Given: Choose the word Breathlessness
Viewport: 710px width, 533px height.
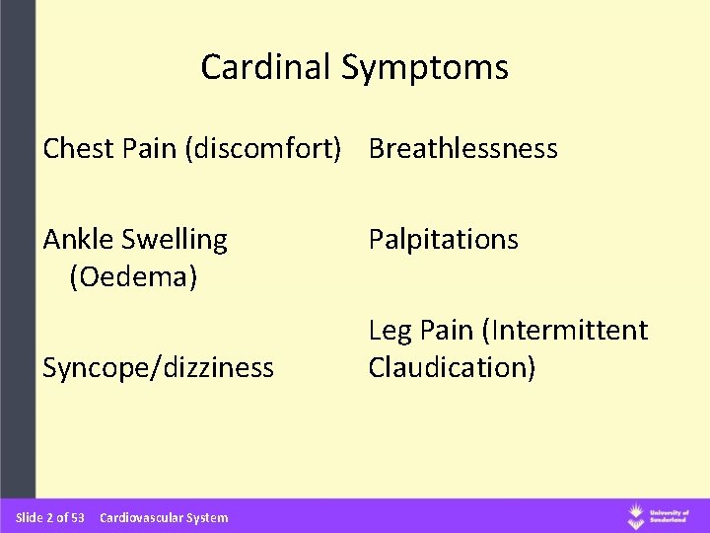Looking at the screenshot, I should pos(462,149).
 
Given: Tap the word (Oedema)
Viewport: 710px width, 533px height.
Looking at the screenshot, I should pos(132,278).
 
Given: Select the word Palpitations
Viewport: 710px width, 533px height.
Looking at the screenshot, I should pos(443,239).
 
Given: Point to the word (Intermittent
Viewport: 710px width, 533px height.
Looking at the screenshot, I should pos(563,330).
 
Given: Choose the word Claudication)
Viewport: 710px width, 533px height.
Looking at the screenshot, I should pos(453,367).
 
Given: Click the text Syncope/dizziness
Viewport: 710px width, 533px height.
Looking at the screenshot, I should pos(158,368).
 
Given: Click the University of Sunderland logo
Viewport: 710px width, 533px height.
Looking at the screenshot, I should pos(661,516).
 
